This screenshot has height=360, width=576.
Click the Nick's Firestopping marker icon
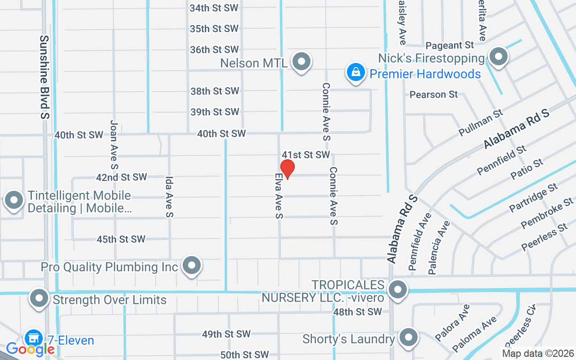tap(498, 57)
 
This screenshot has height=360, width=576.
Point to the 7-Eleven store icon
tap(32, 337)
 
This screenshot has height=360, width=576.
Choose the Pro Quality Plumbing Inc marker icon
tap(192, 265)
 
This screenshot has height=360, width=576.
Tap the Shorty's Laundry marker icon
tap(409, 337)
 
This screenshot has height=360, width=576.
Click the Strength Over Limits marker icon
tap(39, 298)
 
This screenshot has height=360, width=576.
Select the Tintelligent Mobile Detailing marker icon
tap(13, 199)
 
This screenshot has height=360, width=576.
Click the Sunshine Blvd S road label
tap(44, 77)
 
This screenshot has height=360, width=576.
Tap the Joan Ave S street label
tap(114, 144)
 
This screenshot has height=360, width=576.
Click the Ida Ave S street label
tap(169, 197)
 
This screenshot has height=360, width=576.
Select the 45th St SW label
tap(121, 239)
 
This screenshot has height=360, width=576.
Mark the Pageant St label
tap(450, 45)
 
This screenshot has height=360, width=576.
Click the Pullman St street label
tap(480, 122)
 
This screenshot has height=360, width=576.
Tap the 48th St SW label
tap(357, 311)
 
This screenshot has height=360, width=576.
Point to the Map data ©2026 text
tap(538, 354)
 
